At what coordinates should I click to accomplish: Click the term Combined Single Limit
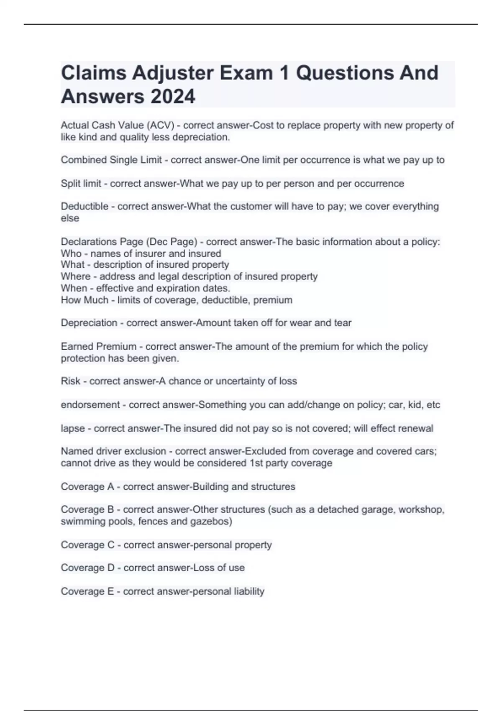tap(111, 160)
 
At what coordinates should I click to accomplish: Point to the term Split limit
tap(81, 183)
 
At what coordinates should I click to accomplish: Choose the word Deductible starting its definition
tap(85, 206)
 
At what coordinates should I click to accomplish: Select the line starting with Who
tap(141, 253)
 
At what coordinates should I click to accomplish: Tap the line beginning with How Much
tap(176, 300)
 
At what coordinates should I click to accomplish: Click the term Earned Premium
tap(98, 346)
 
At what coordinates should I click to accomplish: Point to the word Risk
tap(70, 381)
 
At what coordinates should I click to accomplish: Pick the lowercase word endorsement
tap(90, 404)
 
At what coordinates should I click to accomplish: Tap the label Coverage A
tap(87, 486)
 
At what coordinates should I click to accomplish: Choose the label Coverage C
tap(87, 545)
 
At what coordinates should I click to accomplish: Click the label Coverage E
tap(87, 591)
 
